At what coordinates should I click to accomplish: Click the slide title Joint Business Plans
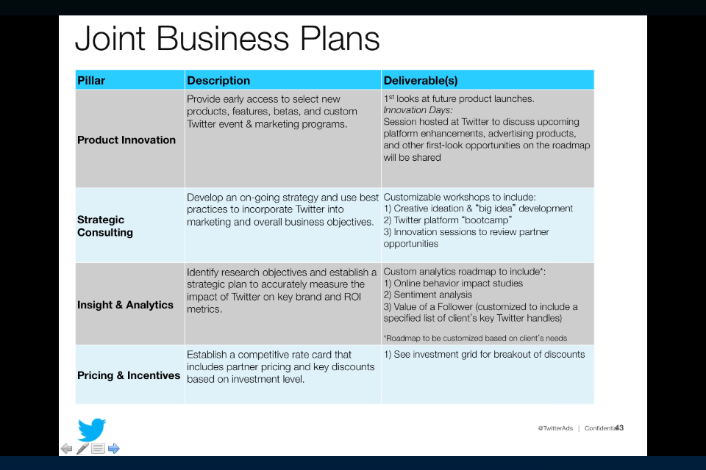(x=227, y=39)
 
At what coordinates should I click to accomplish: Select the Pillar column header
(x=91, y=81)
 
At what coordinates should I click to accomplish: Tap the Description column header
(x=218, y=81)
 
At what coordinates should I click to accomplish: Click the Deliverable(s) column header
(x=421, y=81)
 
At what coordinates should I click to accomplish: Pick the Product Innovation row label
(x=126, y=140)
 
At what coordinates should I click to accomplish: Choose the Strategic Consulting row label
(x=105, y=225)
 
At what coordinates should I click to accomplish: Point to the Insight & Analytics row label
(x=125, y=305)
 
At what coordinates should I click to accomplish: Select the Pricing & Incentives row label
(x=129, y=375)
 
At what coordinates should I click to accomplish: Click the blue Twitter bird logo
(x=91, y=430)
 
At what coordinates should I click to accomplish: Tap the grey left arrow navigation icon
(x=67, y=449)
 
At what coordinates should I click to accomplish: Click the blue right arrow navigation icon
(x=114, y=449)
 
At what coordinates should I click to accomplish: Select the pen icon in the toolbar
(x=82, y=449)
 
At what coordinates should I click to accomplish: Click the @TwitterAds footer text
(x=555, y=428)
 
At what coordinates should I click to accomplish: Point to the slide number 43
(x=619, y=427)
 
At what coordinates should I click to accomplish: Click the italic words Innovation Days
(x=418, y=110)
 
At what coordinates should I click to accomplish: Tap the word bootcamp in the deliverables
(x=486, y=220)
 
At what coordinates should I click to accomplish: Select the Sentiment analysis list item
(x=428, y=295)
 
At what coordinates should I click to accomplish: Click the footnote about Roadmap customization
(x=475, y=339)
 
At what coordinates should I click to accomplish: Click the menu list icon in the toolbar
(x=98, y=449)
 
